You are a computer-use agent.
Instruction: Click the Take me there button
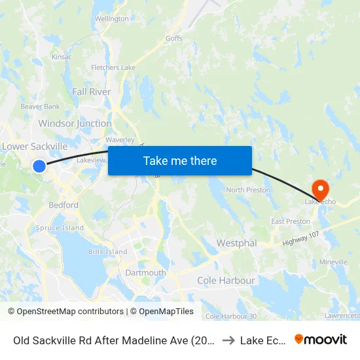tap(180, 160)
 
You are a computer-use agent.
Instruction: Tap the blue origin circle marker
tap(39, 166)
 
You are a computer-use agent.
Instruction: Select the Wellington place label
tap(112, 19)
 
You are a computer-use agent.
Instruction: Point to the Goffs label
tap(174, 39)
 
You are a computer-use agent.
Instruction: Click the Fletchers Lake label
tap(113, 67)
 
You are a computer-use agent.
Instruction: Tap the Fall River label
tap(91, 92)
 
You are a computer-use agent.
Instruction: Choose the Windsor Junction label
tap(75, 123)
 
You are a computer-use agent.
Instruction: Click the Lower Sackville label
tap(35, 147)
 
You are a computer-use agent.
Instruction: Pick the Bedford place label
tap(63, 205)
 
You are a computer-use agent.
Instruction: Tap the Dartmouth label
tap(145, 273)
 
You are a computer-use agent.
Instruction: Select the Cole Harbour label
tap(226, 280)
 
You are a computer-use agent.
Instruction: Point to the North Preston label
tap(248, 190)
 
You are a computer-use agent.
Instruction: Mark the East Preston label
tap(291, 221)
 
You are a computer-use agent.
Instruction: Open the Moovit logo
tap(321, 339)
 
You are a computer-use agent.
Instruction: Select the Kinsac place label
tap(62, 58)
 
